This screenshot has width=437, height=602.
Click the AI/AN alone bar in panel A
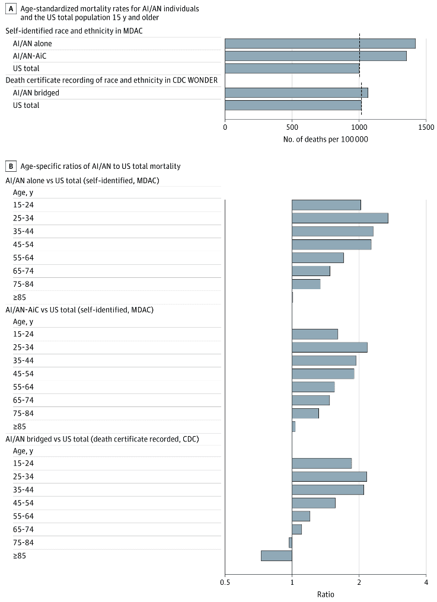320,43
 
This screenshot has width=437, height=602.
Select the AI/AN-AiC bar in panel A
315,56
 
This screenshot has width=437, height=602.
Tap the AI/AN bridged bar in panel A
296,92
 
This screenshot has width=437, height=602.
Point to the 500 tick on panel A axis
292,126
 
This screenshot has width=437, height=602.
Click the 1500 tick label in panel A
426,126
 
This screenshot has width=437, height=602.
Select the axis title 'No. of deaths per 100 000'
326,139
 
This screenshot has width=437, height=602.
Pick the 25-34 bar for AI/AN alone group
340,218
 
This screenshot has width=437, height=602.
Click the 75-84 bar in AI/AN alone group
306,284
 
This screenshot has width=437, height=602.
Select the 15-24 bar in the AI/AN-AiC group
315,334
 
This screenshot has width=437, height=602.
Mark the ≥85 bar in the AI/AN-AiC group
294,427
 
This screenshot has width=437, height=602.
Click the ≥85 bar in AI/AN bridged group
276,556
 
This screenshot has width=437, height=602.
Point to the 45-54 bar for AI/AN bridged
314,503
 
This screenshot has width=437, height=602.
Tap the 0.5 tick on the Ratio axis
225,582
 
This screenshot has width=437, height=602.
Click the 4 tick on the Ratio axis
426,582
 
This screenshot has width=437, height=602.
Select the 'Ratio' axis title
326,594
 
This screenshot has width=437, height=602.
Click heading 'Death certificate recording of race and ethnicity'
111,80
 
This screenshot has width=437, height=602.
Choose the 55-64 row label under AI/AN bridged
24,516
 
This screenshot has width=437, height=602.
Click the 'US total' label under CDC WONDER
26,105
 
